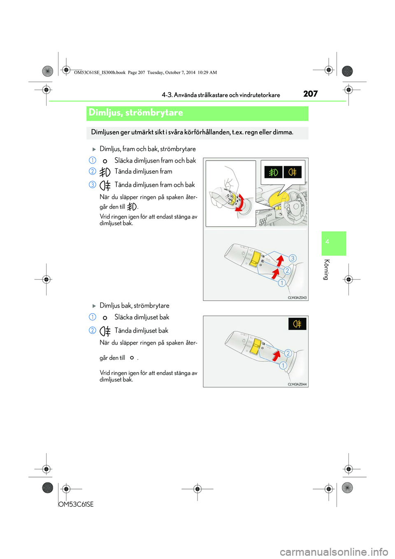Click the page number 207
pos(310,94)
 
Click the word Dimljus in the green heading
pos(105,113)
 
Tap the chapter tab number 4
pos(327,242)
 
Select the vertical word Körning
pos(326,270)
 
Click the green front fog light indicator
pos(273,172)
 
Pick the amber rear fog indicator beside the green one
pos(293,172)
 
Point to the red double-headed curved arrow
pos(240,203)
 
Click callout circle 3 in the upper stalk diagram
pos(293,259)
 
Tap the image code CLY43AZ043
pos(297,298)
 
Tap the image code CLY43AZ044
pos(297,384)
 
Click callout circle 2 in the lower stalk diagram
pos(288,353)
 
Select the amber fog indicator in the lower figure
pos(297,324)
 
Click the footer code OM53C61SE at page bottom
pos(76,504)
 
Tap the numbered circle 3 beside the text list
pos(93,185)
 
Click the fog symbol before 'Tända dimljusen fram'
pos(105,172)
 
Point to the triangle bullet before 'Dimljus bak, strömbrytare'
pos(94,306)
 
